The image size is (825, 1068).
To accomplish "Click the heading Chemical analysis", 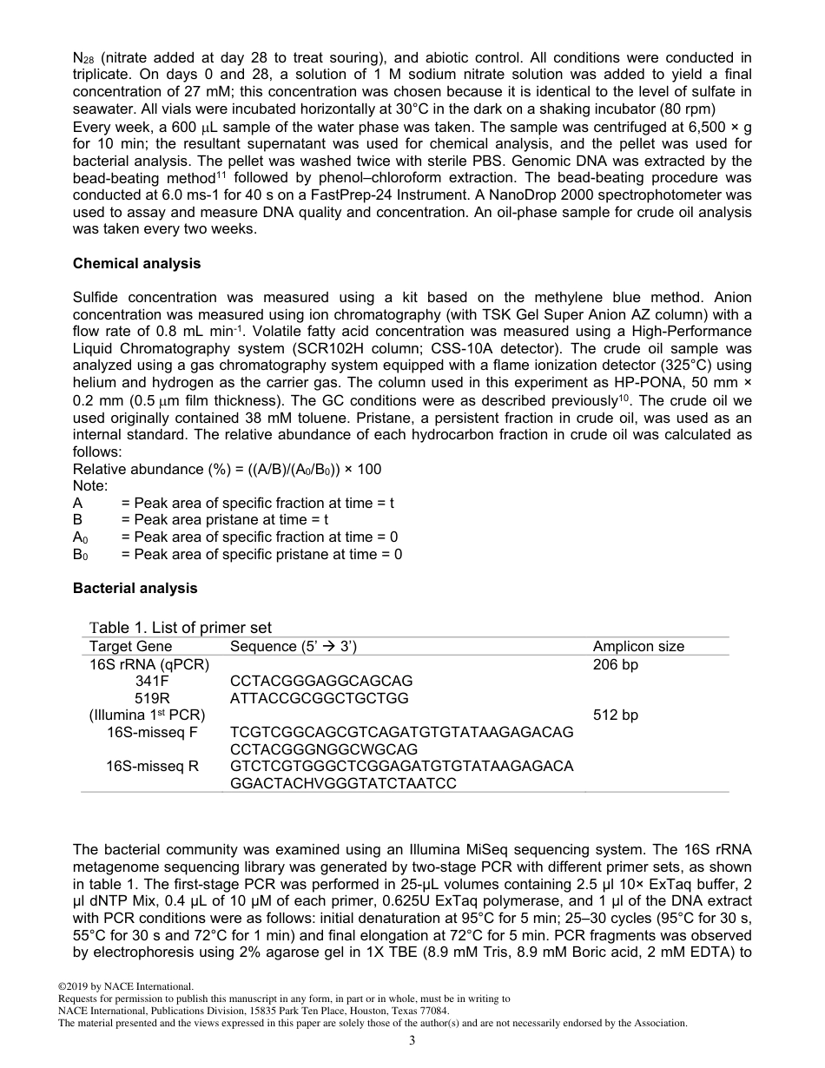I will point(136,263).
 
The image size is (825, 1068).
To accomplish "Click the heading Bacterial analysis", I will point(135,588).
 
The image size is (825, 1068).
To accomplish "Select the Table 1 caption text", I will point(181,628).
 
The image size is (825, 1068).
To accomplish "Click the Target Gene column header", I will point(130,646).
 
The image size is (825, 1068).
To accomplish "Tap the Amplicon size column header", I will point(638,646).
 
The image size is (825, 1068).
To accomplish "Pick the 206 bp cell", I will point(615,664).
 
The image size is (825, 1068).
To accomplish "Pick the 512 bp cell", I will point(615,715).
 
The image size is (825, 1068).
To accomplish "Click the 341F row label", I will point(152,681).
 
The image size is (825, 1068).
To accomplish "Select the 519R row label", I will point(152,698).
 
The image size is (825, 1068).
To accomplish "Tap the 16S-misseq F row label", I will point(152,732).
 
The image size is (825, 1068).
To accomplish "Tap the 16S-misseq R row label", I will point(152,766).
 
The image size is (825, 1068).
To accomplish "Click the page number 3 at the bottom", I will point(412,1041).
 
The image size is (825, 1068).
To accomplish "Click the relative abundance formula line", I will point(227,469).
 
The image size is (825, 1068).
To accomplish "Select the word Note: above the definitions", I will point(90,486).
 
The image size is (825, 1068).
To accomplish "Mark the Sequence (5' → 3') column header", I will point(294,646).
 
